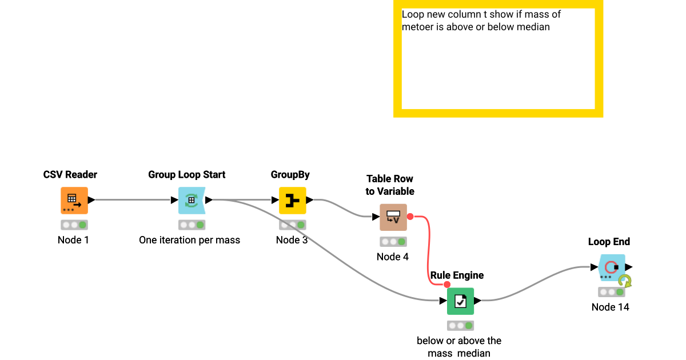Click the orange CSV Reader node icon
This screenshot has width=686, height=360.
[x=74, y=201]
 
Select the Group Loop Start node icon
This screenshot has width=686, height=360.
[x=192, y=201]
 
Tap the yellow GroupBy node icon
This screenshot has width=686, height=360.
[x=292, y=201]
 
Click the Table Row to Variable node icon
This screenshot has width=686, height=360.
[x=393, y=217]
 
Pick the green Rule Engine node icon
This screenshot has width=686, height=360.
[x=460, y=301]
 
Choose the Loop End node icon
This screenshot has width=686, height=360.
[x=611, y=267]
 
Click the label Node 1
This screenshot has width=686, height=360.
[x=73, y=240]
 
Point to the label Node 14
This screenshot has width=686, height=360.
[x=610, y=307]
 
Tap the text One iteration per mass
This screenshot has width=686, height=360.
[x=189, y=240]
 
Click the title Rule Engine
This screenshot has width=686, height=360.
[x=457, y=275]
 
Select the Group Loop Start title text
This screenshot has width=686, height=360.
[x=186, y=175]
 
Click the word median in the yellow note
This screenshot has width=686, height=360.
[x=533, y=27]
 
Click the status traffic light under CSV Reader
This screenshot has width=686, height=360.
[x=74, y=225]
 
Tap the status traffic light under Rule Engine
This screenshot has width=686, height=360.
[x=460, y=325]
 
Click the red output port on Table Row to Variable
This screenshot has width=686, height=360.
[x=410, y=217]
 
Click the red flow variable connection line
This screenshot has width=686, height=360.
[x=428, y=251]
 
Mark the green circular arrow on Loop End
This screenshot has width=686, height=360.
[x=625, y=281]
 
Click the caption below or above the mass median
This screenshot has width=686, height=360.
[x=458, y=347]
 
